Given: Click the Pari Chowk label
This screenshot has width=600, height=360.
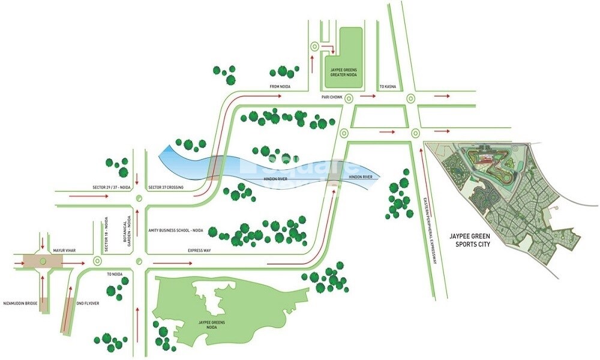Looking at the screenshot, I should point(331,95).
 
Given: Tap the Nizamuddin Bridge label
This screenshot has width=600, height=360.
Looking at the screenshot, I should point(20,304).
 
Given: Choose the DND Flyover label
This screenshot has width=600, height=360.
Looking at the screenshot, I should point(88,304).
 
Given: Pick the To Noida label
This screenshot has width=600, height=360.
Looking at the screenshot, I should point(114,274).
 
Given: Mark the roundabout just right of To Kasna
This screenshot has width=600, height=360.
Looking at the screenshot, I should point(410,98).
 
